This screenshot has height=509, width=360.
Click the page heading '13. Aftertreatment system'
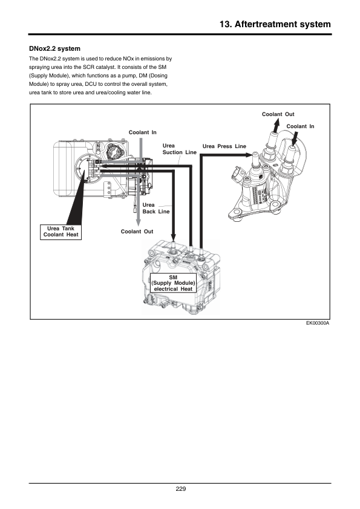tap(275, 24)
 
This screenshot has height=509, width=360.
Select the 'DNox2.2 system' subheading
tap(54, 49)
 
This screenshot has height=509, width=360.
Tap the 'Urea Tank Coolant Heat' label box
tap(61, 232)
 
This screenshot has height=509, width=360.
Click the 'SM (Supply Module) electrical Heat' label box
tap(173, 283)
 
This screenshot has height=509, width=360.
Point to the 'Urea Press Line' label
tap(224, 146)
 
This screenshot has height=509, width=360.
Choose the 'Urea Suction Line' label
tap(179, 149)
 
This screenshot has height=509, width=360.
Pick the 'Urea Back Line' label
tap(156, 208)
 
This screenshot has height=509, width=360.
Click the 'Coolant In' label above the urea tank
tap(142, 132)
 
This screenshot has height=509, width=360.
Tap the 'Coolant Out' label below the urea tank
tap(137, 232)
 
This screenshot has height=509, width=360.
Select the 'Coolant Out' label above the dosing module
tap(278, 114)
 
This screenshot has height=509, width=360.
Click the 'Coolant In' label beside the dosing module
tap(300, 126)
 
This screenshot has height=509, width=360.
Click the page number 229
tap(181, 489)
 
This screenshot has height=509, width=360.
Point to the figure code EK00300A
tap(318, 323)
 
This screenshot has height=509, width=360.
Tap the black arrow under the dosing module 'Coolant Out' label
tap(275, 126)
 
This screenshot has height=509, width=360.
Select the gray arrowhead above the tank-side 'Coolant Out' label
tap(138, 222)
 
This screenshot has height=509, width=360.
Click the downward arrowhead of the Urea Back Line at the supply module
tap(173, 238)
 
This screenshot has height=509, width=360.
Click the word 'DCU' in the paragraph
tap(91, 84)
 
